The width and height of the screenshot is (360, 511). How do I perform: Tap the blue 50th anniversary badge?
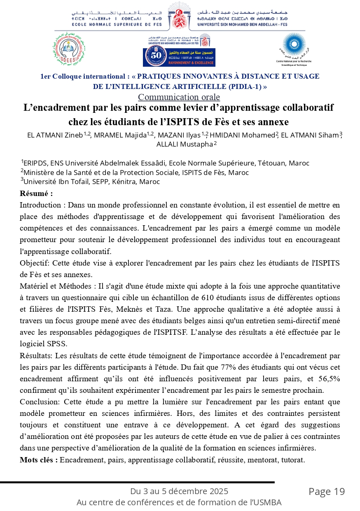tap(179, 57)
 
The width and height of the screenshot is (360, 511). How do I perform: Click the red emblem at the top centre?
tap(179, 17)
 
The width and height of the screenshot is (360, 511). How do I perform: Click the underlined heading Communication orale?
tap(179, 97)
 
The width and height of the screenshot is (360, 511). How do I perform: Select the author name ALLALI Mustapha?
tap(185, 144)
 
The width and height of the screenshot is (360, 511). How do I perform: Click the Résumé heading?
tap(36, 194)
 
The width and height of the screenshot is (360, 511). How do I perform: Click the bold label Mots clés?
tap(39, 460)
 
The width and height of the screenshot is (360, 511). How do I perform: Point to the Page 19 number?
tap(327, 491)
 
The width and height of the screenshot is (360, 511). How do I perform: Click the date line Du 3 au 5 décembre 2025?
tap(179, 491)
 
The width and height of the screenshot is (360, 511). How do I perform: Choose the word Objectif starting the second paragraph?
tap(33, 263)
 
